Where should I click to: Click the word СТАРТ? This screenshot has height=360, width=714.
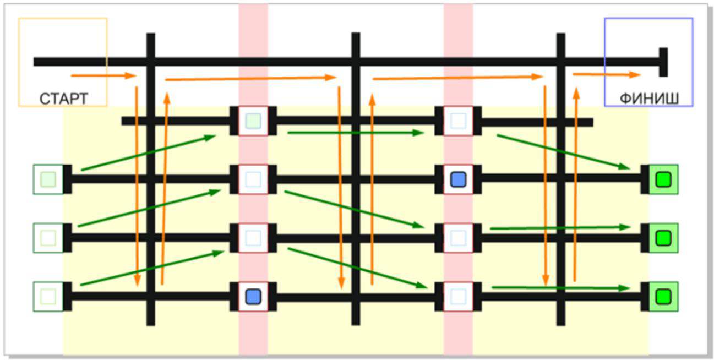(64, 99)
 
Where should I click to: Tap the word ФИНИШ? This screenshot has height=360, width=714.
(649, 99)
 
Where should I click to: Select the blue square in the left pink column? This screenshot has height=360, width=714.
(253, 296)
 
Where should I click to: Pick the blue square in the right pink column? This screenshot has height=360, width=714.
(459, 179)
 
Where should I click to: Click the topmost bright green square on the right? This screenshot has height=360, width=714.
(664, 179)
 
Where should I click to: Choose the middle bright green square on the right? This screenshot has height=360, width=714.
(664, 238)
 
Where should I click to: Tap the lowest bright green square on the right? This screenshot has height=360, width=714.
(664, 296)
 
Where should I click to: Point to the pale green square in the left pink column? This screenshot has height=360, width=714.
(253, 121)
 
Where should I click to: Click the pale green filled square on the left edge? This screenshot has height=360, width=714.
(48, 179)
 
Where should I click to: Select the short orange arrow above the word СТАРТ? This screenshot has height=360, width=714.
(103, 75)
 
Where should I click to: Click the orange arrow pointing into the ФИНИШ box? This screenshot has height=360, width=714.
(607, 75)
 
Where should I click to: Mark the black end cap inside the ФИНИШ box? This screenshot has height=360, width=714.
(664, 62)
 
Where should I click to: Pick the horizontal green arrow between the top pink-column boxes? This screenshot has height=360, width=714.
(356, 133)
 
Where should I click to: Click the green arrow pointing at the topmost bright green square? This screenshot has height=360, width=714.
(564, 152)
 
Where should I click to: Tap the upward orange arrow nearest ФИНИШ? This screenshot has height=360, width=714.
(576, 184)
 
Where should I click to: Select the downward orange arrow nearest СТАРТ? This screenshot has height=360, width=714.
(137, 187)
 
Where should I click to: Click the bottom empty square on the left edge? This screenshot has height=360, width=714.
(48, 296)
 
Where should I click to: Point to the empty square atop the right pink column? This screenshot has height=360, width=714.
(459, 121)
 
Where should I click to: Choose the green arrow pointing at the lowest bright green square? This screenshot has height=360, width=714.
(561, 288)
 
